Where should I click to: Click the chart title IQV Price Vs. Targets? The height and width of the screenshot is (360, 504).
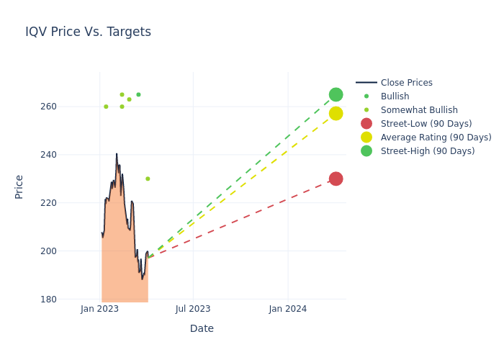pyautogui.click(x=88, y=32)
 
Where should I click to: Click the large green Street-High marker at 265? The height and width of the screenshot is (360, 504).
pyautogui.click(x=336, y=95)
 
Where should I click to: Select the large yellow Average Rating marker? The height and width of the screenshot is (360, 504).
pyautogui.click(x=336, y=114)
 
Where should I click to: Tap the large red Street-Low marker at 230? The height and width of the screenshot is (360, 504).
pyautogui.click(x=336, y=179)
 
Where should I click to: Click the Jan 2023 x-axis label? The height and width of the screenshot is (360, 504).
pyautogui.click(x=99, y=309)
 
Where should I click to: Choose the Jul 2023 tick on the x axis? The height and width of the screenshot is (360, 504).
pyautogui.click(x=193, y=309)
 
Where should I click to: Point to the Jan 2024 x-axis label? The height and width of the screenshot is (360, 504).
pyautogui.click(x=288, y=309)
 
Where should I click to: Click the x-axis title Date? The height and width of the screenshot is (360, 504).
pyautogui.click(x=202, y=328)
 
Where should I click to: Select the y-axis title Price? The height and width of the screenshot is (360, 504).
pyautogui.click(x=19, y=186)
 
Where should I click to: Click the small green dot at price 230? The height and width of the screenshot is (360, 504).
pyautogui.click(x=148, y=179)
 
